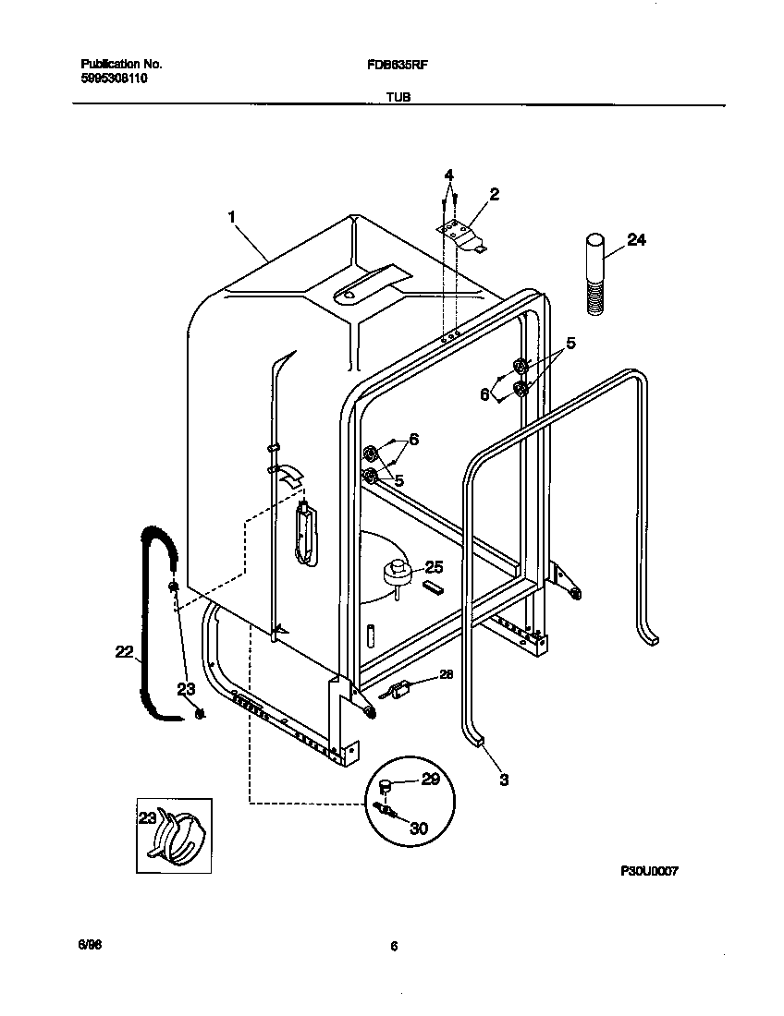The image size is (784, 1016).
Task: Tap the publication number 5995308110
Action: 114,79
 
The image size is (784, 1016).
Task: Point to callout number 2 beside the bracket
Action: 495,194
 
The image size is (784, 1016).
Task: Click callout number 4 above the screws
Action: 448,175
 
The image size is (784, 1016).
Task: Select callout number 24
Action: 636,240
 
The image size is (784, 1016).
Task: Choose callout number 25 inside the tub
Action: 434,567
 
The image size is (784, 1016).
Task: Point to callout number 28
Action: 446,675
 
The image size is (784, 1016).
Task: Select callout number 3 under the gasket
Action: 504,779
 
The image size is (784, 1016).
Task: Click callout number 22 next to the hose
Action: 124,652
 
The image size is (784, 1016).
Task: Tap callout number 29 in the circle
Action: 430,780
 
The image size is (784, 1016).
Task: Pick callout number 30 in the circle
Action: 418,829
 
